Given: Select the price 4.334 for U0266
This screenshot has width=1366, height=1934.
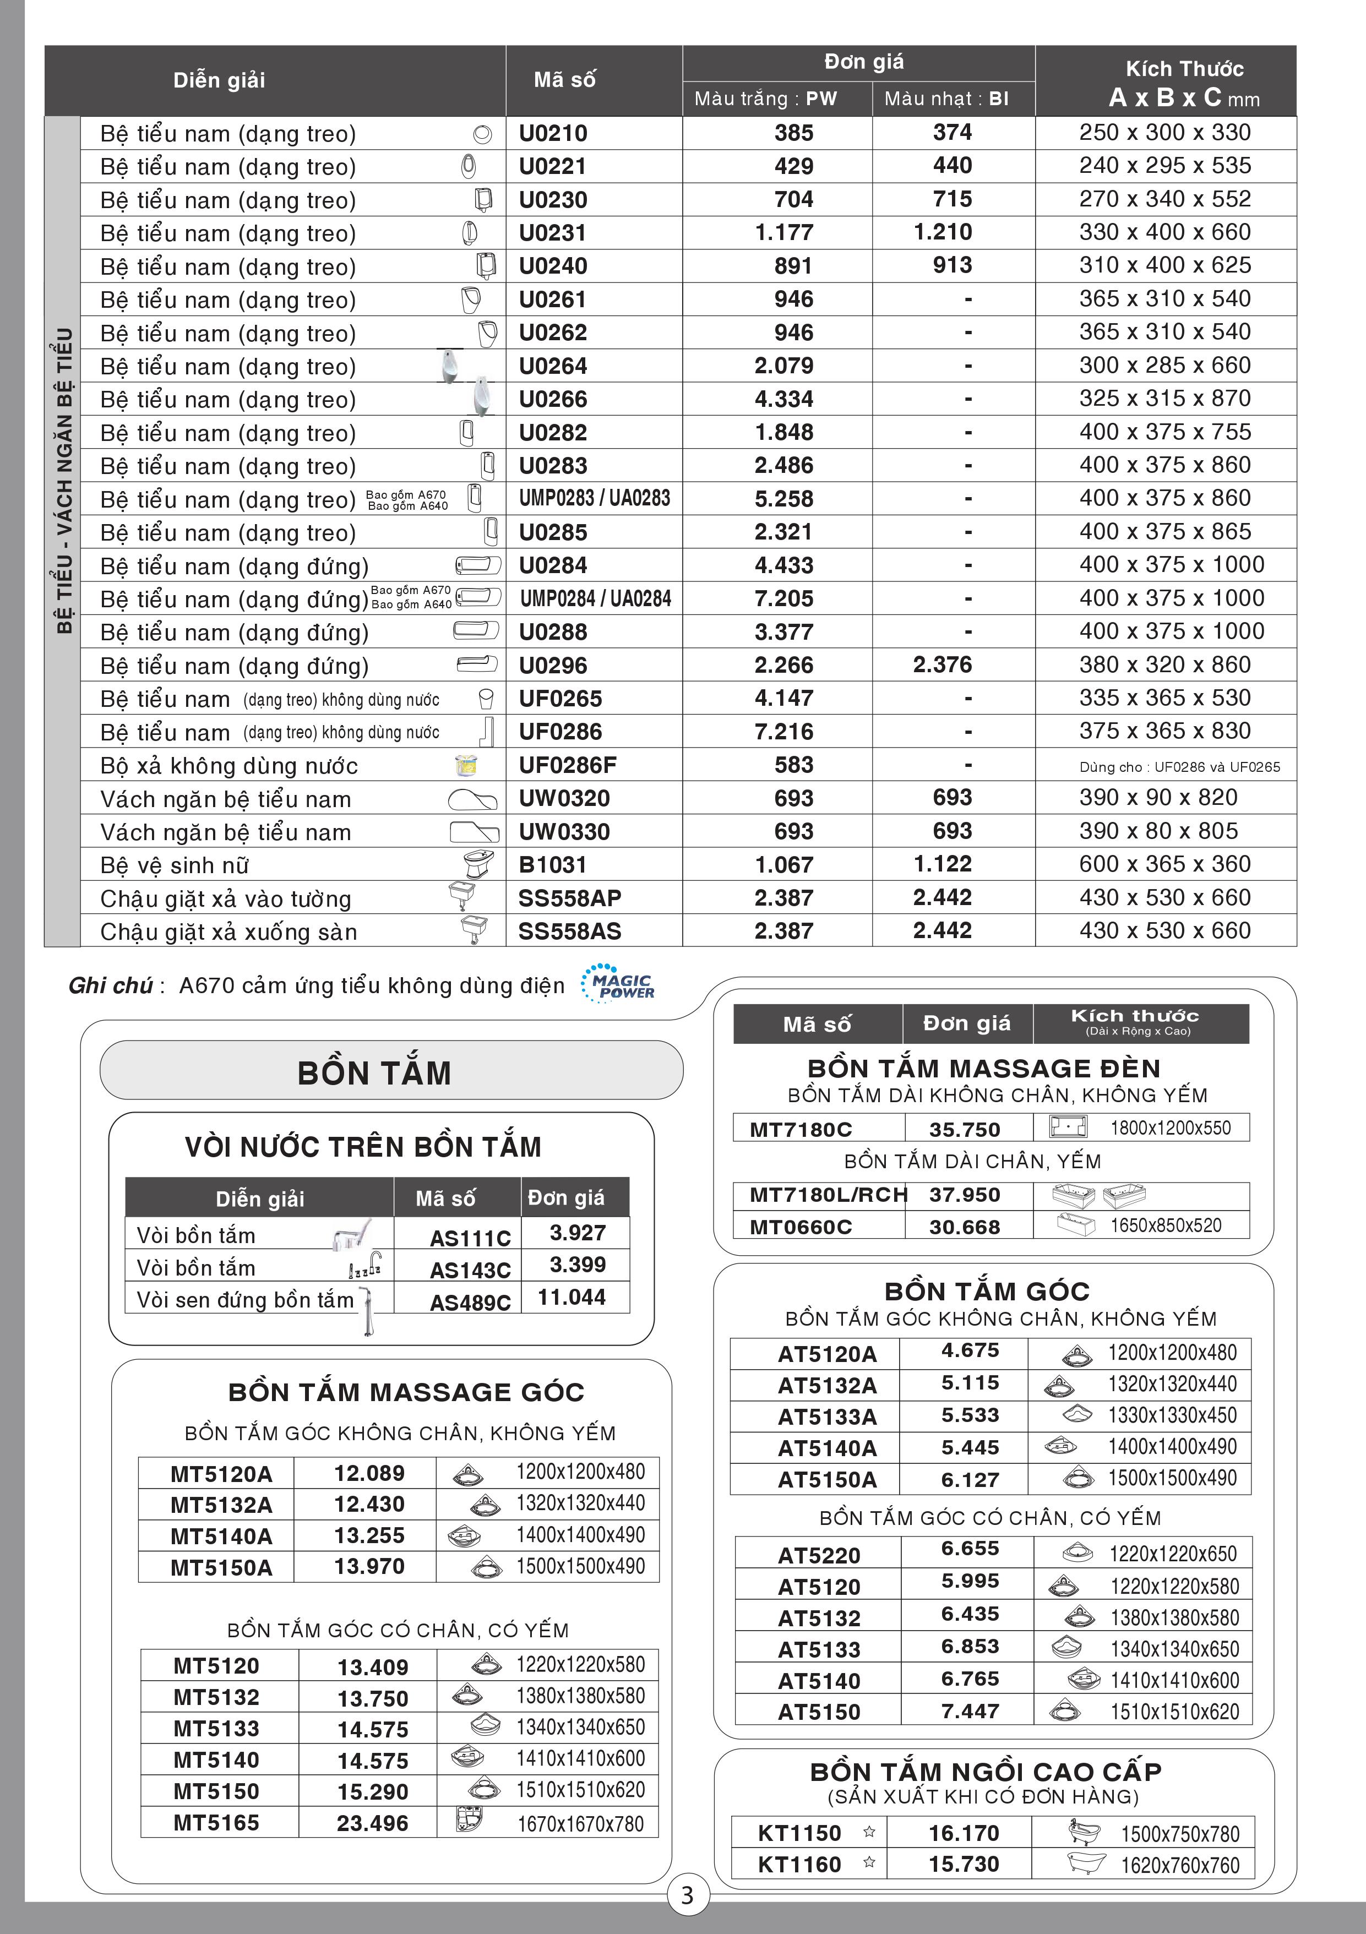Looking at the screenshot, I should pyautogui.click(x=783, y=399).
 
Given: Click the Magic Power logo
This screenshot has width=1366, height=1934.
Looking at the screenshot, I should pyautogui.click(x=618, y=984).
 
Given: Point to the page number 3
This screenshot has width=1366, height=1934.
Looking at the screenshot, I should pyautogui.click(x=687, y=1894).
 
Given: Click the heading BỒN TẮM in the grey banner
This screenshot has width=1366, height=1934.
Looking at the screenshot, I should pyautogui.click(x=375, y=1072).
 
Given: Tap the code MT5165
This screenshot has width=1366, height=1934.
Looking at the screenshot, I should pyautogui.click(x=216, y=1823).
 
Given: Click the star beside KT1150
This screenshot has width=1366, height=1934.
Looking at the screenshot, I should pyautogui.click(x=869, y=1831).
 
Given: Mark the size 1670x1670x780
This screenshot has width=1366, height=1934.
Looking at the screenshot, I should pyautogui.click(x=580, y=1824).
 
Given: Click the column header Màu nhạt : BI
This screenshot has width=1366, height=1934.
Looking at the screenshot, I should pyautogui.click(x=946, y=99).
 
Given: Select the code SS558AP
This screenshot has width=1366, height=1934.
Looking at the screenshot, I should pyautogui.click(x=569, y=898).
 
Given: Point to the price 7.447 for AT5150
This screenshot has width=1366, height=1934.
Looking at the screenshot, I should pyautogui.click(x=970, y=1711).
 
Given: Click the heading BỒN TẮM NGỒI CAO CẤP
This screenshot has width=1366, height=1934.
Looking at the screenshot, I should pyautogui.click(x=986, y=1772).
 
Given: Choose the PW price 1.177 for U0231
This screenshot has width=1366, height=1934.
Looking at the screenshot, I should pyautogui.click(x=783, y=232).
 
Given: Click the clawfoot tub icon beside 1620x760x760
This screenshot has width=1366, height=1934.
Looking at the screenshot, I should pyautogui.click(x=1086, y=1863).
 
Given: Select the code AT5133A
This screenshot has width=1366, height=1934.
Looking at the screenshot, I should pyautogui.click(x=827, y=1417).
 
